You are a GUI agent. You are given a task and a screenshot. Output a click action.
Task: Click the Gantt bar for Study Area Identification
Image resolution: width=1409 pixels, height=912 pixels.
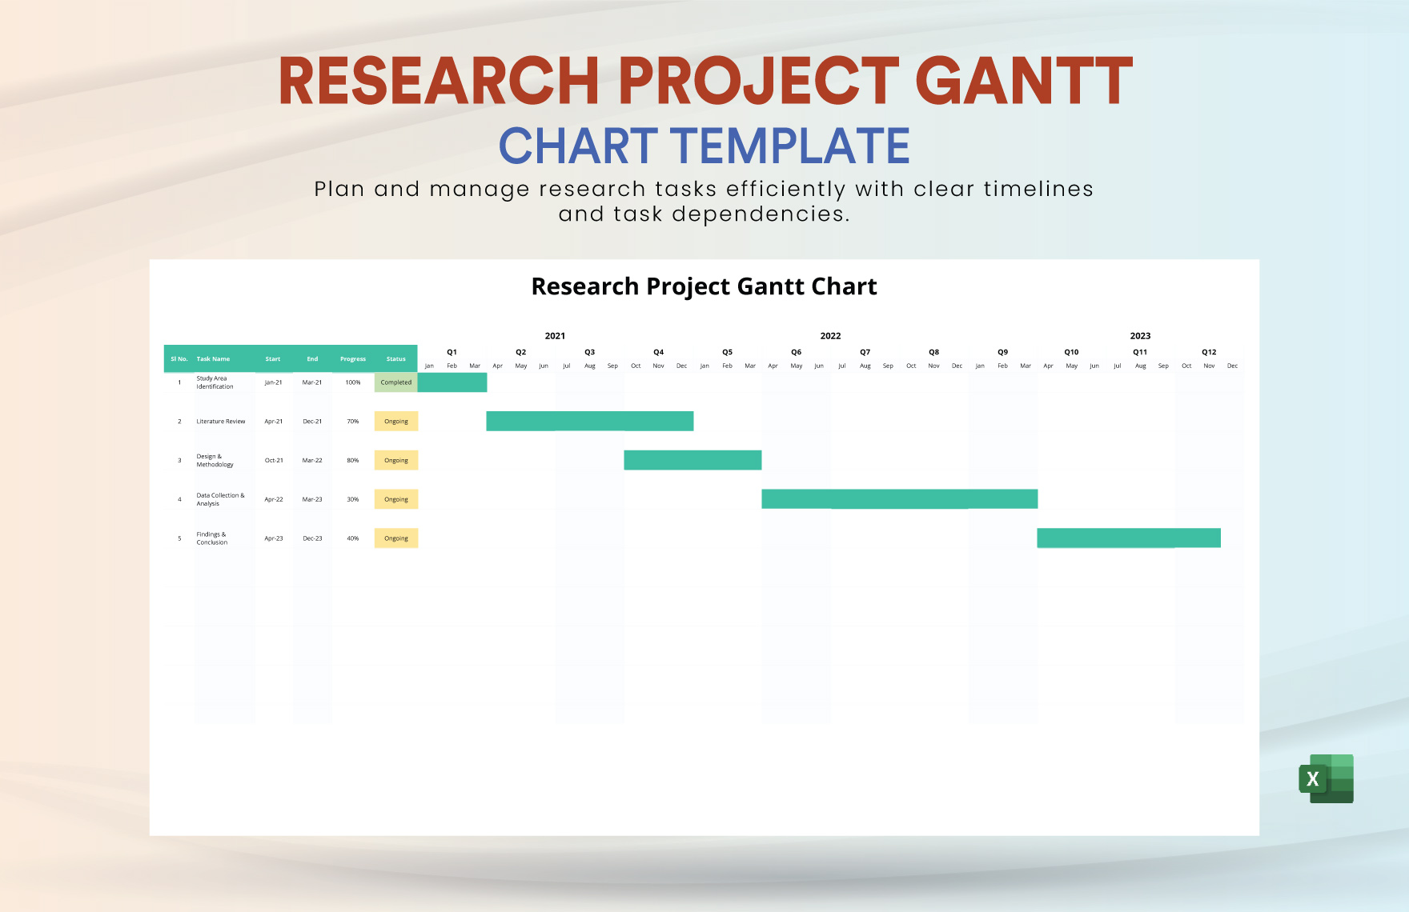tap(452, 382)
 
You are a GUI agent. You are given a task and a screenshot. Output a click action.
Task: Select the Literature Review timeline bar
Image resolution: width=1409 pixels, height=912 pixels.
tap(590, 421)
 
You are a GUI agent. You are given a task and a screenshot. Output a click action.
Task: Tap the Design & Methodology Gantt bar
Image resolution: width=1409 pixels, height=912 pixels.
tap(692, 460)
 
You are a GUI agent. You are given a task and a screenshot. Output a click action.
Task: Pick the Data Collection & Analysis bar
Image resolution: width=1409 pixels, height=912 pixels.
tap(899, 499)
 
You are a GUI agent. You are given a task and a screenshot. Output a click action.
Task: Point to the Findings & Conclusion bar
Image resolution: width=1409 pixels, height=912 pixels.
tap(1129, 538)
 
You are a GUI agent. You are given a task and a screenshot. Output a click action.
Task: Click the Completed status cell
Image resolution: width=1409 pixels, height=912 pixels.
tap(396, 382)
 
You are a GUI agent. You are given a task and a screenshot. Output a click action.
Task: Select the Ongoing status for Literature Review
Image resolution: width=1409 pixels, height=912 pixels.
tap(396, 422)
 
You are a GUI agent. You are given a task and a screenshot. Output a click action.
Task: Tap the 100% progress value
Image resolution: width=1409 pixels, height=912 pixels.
tap(353, 382)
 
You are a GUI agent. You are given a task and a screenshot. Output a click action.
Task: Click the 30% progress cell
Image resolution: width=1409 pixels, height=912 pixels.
tap(353, 499)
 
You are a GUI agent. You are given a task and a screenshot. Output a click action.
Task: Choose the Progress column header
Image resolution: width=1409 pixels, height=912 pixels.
tap(353, 359)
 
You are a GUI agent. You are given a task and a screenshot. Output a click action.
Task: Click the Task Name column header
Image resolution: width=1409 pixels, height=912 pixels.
tap(213, 359)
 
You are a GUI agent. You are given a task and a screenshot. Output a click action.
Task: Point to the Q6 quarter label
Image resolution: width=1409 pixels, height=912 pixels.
tap(796, 352)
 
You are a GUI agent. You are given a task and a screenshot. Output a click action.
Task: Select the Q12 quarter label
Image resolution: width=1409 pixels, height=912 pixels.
tap(1209, 352)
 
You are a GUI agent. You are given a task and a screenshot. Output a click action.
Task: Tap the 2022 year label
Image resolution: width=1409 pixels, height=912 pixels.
tap(830, 336)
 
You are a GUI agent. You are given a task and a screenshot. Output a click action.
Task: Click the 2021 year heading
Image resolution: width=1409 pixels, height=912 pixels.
tap(555, 336)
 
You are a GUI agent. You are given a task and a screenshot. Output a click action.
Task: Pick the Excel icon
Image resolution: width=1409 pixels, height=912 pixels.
tap(1326, 778)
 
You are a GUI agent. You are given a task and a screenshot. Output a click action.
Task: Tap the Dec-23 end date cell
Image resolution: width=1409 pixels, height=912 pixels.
tap(312, 538)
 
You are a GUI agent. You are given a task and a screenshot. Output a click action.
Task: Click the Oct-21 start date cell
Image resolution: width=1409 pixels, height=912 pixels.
tap(274, 461)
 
